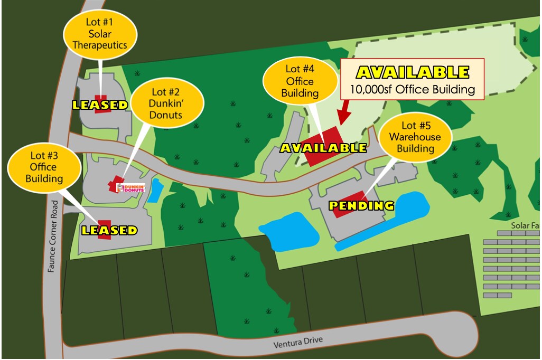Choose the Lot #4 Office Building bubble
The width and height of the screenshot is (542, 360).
[x=300, y=81]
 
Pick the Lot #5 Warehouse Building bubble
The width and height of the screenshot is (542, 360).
[x=415, y=136]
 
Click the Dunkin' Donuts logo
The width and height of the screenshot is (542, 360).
[x=130, y=187]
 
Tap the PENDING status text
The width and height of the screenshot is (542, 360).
[x=362, y=205]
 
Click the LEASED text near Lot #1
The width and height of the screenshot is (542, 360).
[x=100, y=105]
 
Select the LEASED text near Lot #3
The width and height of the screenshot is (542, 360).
[x=109, y=231]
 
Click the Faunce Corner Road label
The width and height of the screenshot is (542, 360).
[x=51, y=237]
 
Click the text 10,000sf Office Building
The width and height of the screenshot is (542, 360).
[x=413, y=89]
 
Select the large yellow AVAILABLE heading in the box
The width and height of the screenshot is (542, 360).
[x=413, y=72]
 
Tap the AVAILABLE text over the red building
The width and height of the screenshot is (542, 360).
[x=323, y=148]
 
